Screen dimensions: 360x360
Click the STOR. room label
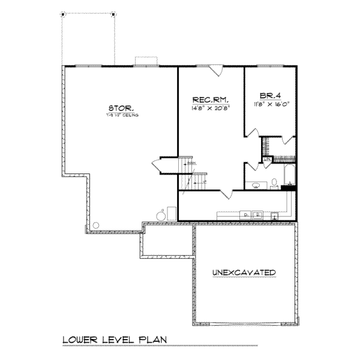tap(117, 108)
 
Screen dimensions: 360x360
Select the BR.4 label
tap(271, 95)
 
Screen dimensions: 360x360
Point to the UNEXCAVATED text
tap(244, 272)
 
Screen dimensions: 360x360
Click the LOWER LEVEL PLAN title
tap(115, 340)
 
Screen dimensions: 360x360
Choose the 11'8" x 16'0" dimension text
tap(273, 104)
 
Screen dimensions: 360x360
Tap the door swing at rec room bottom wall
tap(226, 194)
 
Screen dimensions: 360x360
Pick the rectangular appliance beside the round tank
tap(172, 212)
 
